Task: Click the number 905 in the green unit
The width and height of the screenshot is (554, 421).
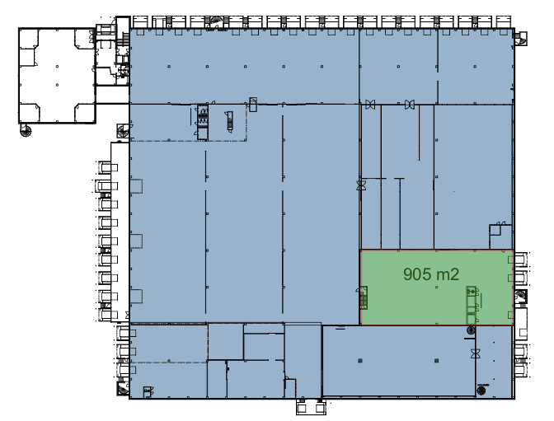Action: click(417, 274)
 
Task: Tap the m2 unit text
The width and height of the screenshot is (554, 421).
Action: click(448, 274)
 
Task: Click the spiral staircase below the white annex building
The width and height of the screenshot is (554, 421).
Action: click(26, 131)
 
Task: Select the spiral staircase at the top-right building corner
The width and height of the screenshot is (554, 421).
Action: click(521, 38)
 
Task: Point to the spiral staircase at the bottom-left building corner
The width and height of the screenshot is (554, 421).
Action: click(123, 389)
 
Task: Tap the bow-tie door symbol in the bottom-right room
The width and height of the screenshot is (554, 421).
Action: click(475, 353)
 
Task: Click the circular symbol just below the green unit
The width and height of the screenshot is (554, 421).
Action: click(471, 330)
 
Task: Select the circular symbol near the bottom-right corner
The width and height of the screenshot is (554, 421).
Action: click(481, 391)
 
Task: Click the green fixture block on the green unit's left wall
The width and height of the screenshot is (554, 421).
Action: click(364, 297)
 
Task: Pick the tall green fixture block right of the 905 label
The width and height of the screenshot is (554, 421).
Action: click(471, 305)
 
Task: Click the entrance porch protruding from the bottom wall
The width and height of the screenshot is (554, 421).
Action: click(311, 407)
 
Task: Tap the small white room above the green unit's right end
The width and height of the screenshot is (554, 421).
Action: click(500, 236)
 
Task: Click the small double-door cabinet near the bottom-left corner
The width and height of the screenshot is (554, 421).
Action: click(148, 391)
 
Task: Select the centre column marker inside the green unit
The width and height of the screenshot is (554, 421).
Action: click(437, 288)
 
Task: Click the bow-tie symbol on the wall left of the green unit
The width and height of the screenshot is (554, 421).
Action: click(361, 185)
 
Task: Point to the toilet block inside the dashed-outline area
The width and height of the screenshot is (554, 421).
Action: click(203, 122)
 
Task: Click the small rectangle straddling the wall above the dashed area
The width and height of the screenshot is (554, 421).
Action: click(253, 105)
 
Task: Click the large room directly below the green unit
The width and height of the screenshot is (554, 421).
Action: click(399, 361)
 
